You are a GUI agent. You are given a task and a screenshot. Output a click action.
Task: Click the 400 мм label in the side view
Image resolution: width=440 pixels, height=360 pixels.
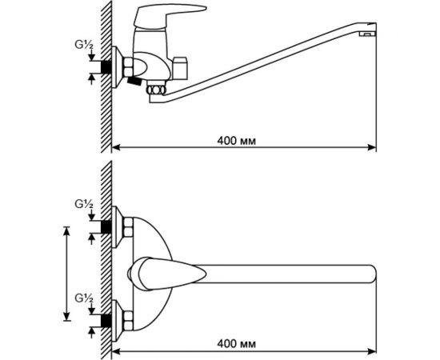pyautogui.click(x=237, y=141)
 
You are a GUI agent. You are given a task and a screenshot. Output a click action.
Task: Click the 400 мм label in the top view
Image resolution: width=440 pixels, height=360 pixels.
pyautogui.click(x=237, y=343)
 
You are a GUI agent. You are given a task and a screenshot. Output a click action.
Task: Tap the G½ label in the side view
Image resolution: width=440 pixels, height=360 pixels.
pyautogui.click(x=84, y=46)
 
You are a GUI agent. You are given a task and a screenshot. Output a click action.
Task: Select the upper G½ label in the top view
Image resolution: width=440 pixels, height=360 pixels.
pyautogui.click(x=84, y=205)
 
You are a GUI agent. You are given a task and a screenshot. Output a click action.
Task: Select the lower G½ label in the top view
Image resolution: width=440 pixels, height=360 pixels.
pyautogui.click(x=84, y=298)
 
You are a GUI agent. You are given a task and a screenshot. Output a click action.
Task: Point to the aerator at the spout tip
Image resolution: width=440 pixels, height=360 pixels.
pyautogui.click(x=367, y=34)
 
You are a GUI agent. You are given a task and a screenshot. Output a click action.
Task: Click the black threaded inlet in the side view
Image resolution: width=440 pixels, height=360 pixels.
pyautogui.click(x=106, y=67)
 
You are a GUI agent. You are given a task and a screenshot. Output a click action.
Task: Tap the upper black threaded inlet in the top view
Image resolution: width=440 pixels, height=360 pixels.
pyautogui.click(x=106, y=226)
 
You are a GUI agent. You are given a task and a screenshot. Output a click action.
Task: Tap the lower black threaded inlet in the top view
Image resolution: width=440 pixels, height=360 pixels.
pyautogui.click(x=106, y=321)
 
